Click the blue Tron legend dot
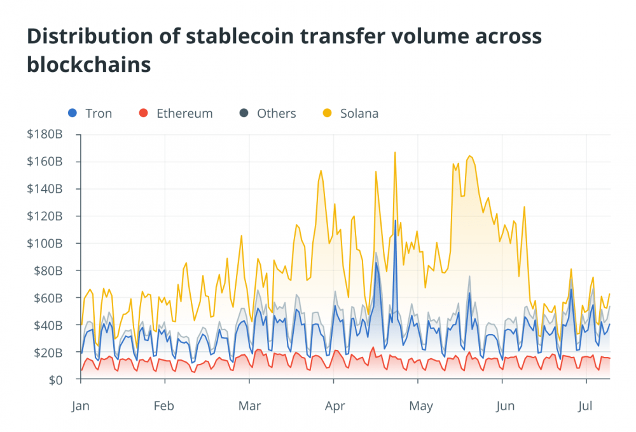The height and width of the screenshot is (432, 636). tap(72, 114)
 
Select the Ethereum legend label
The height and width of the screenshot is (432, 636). tap(184, 114)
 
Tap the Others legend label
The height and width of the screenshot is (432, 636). tap(276, 114)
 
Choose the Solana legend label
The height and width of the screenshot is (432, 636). tap(359, 114)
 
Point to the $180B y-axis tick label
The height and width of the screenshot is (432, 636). tap(45, 134)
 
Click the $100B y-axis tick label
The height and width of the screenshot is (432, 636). tap(45, 244)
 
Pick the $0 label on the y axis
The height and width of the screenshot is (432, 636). tap(56, 380)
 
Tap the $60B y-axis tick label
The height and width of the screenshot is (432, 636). tap(48, 298)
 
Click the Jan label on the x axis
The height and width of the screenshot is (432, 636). tap(81, 405)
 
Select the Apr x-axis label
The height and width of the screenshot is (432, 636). tap(334, 405)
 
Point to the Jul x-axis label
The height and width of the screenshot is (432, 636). tap(586, 405)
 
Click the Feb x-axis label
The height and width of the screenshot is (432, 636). tap(164, 405)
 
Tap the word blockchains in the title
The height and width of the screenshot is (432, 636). tap(89, 65)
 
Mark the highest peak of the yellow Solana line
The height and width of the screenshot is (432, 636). tap(395, 152)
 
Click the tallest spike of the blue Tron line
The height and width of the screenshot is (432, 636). tap(395, 221)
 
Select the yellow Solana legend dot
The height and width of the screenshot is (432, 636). tap(327, 114)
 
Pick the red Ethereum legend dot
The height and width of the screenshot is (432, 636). tap(143, 114)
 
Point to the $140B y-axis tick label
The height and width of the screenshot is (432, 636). tap(45, 189)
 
